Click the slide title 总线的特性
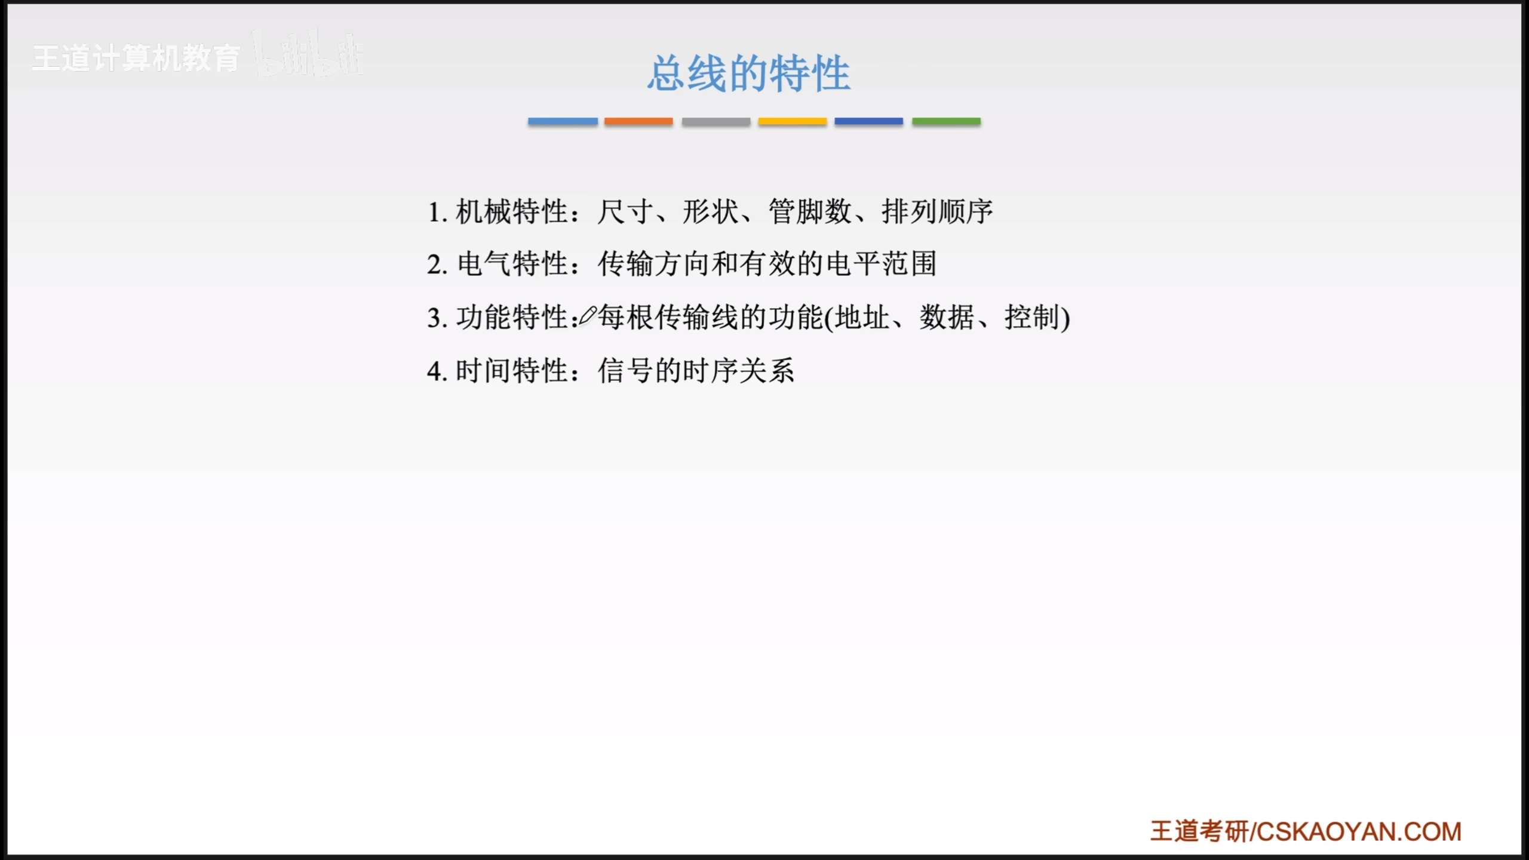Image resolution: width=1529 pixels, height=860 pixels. tap(749, 73)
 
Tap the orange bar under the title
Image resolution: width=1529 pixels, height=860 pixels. tap(638, 121)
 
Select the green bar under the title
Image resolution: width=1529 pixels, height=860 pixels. tap(946, 121)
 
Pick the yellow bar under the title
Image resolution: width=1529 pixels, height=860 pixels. tap(793, 121)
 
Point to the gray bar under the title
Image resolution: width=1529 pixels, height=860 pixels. tap(716, 121)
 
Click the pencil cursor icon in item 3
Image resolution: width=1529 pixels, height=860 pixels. tap(587, 316)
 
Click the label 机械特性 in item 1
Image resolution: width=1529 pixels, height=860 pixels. tap(511, 211)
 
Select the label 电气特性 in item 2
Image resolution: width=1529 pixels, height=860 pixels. tap(512, 264)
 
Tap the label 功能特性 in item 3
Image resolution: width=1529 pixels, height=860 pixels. tap(512, 317)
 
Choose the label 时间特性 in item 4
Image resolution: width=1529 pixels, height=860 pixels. tap(511, 370)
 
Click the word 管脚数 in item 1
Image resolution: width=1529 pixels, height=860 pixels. tap(810, 211)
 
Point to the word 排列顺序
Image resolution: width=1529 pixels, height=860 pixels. tap(937, 211)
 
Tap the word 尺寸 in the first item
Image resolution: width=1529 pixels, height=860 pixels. tap(625, 211)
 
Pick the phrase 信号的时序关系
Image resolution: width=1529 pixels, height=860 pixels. tap(696, 370)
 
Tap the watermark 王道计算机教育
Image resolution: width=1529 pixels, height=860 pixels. tap(136, 59)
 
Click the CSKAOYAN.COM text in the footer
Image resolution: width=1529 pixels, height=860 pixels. tap(1359, 831)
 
